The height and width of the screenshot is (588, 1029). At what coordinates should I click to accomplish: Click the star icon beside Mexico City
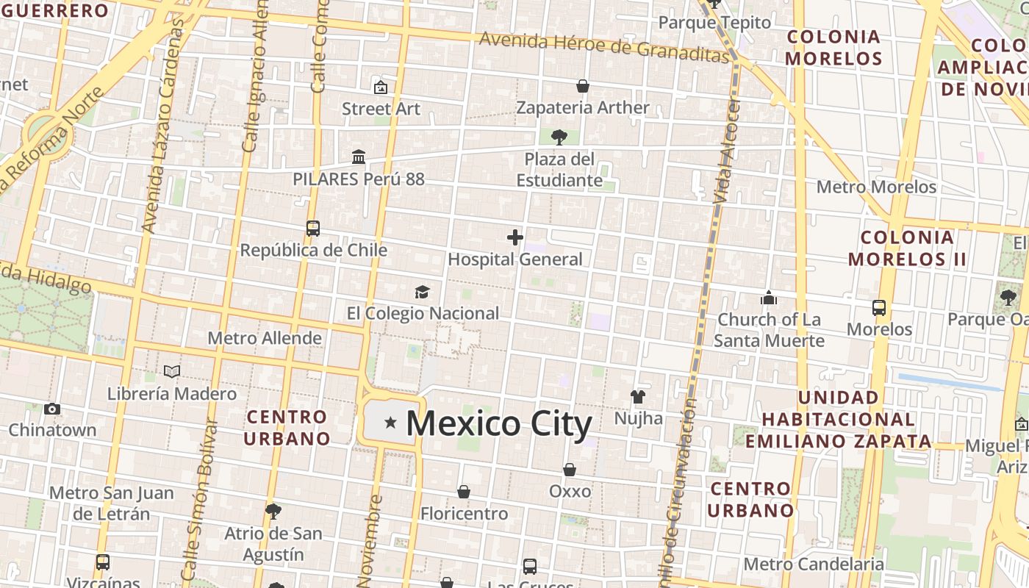tap(390, 423)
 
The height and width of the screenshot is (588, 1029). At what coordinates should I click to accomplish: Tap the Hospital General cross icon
tap(515, 237)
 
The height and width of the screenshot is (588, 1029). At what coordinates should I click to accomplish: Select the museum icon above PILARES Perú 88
tap(359, 157)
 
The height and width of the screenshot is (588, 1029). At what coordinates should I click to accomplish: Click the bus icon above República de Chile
tap(313, 228)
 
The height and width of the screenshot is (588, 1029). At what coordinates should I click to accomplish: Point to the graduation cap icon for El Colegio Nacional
tap(422, 293)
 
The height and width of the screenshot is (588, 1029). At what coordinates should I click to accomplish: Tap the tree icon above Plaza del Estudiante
tap(559, 137)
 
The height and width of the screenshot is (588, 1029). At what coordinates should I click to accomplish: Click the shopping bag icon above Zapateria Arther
tap(583, 86)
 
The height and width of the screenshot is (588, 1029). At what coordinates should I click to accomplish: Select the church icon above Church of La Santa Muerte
tap(769, 298)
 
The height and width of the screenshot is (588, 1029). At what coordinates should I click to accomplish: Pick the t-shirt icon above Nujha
tap(637, 397)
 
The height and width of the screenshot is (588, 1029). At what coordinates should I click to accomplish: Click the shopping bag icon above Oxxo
tap(570, 469)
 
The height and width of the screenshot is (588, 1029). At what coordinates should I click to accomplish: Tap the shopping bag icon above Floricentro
tap(464, 491)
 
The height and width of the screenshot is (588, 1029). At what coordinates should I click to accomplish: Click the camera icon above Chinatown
tap(52, 409)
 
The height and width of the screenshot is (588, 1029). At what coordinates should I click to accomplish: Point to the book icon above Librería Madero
tap(172, 372)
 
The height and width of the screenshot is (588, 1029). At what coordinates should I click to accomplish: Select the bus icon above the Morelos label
tap(879, 307)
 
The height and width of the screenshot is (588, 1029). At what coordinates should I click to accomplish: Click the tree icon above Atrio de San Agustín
tap(273, 511)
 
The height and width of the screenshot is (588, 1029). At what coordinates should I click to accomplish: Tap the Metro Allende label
tap(265, 338)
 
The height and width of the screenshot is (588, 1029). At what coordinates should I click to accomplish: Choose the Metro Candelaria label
tap(814, 564)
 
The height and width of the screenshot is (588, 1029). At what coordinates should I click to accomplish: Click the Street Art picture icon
tap(381, 87)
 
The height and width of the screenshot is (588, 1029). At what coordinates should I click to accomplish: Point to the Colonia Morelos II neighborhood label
tap(907, 248)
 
